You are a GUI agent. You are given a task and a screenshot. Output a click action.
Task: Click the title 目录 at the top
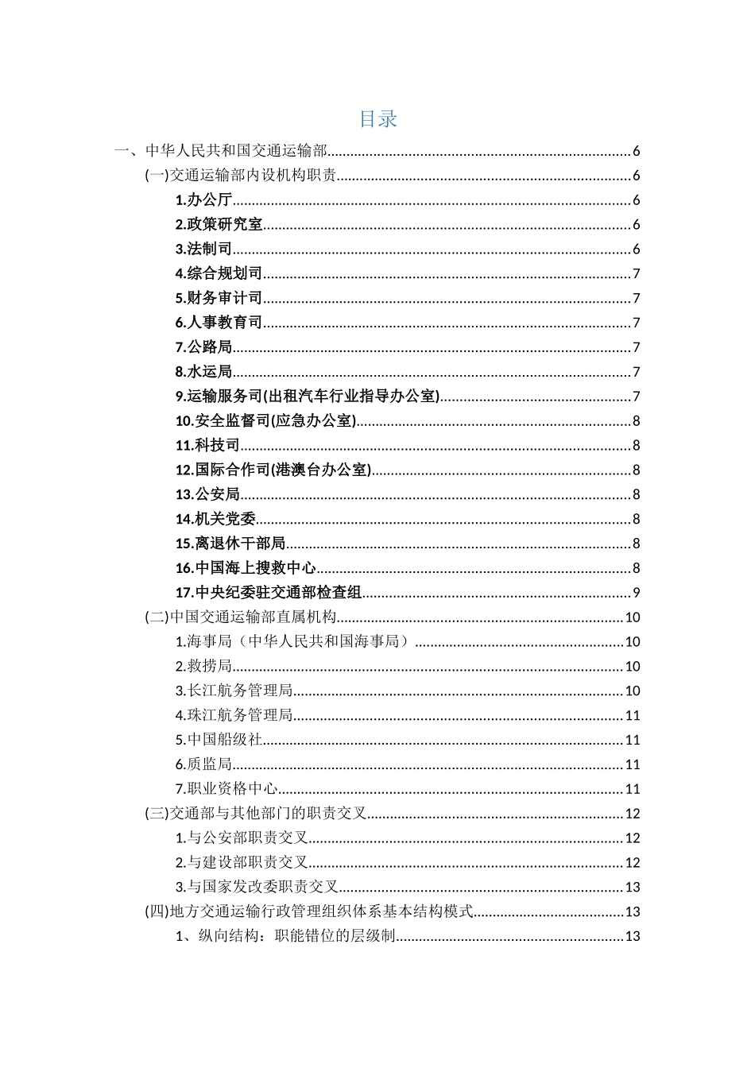click(377, 119)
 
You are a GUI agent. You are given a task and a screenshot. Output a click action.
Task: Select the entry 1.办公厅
click(203, 200)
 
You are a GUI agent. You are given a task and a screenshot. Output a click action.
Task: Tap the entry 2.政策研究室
click(219, 225)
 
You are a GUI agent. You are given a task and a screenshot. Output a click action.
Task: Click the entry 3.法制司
click(203, 250)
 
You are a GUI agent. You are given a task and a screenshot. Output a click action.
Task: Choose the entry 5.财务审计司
click(219, 299)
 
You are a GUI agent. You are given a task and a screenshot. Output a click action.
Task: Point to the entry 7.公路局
click(203, 347)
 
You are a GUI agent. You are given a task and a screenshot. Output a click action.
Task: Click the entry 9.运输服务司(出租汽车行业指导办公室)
click(307, 397)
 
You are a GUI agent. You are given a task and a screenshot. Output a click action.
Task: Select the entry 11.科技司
click(207, 446)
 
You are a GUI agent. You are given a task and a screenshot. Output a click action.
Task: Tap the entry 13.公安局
click(207, 495)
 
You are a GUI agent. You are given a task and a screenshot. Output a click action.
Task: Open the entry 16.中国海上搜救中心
click(246, 568)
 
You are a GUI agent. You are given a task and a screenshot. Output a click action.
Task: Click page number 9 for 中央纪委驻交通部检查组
click(636, 593)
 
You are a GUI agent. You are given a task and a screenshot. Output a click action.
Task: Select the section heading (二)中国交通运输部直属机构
click(241, 617)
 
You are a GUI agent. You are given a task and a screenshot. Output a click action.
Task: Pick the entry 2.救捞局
click(203, 667)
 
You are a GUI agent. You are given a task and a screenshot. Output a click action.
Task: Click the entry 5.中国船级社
click(219, 740)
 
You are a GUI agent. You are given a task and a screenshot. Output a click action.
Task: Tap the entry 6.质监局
click(203, 764)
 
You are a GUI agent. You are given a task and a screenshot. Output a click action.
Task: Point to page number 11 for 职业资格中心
click(633, 789)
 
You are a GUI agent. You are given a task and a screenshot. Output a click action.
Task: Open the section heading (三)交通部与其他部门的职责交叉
click(256, 814)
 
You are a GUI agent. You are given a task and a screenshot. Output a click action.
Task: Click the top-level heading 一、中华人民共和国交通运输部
click(221, 151)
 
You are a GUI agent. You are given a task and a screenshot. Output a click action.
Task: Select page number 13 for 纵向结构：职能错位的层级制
click(633, 936)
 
